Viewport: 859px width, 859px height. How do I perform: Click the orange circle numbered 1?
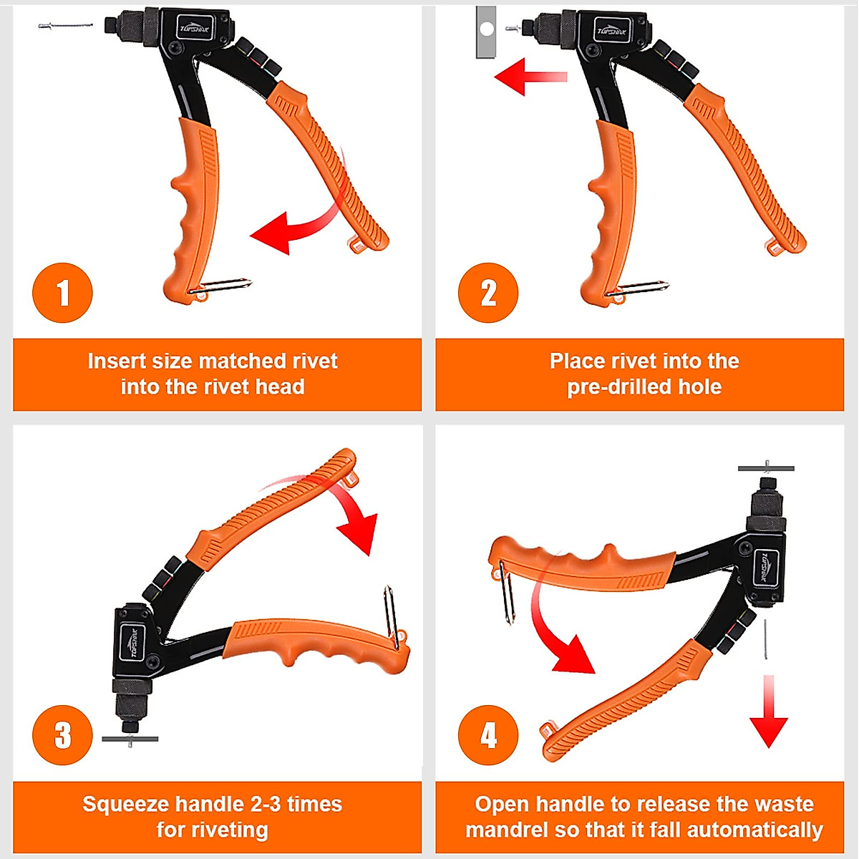[62, 293]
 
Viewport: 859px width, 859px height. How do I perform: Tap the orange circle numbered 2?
[488, 293]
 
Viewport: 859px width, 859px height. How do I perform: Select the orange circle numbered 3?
[62, 735]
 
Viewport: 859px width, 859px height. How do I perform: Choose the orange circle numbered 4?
[488, 735]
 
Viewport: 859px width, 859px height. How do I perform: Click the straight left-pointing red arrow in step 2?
[530, 77]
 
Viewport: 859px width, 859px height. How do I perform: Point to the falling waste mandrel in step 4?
[766, 640]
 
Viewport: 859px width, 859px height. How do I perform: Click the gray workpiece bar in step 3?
[130, 739]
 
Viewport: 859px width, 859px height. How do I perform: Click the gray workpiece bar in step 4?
[766, 468]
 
